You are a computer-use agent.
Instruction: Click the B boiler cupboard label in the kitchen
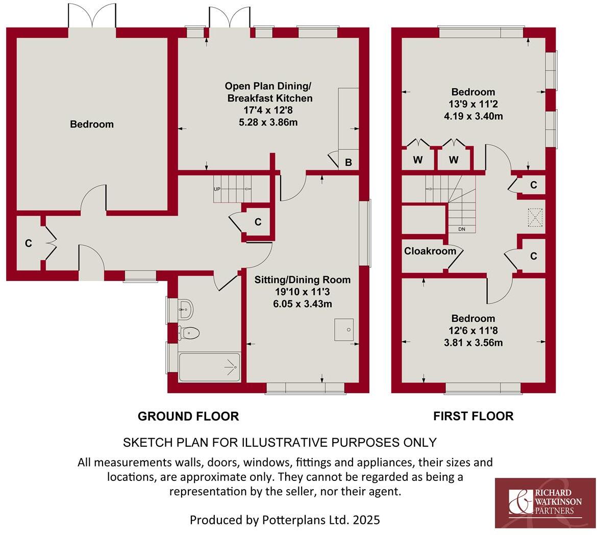coord(349,163)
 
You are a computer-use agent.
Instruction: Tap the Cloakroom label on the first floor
coord(423,251)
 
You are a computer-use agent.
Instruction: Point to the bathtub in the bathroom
coord(209,367)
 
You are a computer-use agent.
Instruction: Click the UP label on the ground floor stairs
coord(217,189)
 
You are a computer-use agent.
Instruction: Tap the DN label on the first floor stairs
coord(461,229)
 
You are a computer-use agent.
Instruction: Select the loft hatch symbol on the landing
coord(535,218)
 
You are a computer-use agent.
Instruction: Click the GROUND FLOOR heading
coord(188,416)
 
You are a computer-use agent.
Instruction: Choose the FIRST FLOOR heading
coord(473,416)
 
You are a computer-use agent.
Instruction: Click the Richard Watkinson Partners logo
coord(545,503)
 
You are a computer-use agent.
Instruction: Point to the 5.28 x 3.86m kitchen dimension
coord(268,122)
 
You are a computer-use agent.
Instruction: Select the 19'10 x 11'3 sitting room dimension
coord(303,292)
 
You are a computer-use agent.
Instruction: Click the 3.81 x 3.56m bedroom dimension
coord(473,343)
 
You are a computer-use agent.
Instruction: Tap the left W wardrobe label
coord(418,160)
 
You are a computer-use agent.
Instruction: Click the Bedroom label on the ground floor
coord(92,124)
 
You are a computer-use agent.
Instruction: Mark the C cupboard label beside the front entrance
coord(29,244)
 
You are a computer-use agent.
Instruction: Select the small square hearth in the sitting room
coord(344,329)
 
